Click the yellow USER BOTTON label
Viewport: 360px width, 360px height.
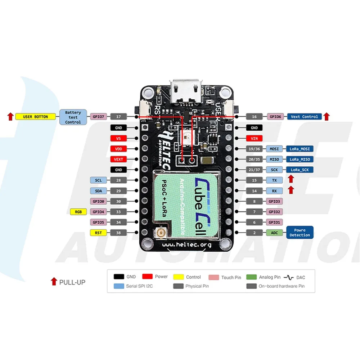[x=35, y=117]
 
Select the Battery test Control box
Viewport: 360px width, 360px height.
[x=73, y=117]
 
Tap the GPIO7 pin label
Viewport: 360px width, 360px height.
[x=98, y=117]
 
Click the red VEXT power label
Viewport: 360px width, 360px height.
[x=118, y=159]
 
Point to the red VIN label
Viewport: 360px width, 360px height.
[x=254, y=139]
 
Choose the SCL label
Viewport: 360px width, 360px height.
[x=98, y=180]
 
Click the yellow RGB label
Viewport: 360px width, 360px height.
[x=78, y=212]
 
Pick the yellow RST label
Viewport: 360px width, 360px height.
[x=98, y=233]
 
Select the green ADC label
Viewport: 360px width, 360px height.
[x=274, y=233]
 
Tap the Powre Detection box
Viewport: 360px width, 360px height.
[x=300, y=232]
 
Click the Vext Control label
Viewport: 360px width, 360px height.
[x=304, y=117]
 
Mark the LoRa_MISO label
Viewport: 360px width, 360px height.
[x=300, y=159]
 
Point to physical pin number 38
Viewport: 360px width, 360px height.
[x=118, y=233]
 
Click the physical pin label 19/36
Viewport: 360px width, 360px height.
[x=254, y=149]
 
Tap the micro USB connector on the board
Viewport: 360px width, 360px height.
[x=186, y=91]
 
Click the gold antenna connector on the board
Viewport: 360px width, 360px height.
[x=161, y=233]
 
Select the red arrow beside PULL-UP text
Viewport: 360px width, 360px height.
[x=54, y=282]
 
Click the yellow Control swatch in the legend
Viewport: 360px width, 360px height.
[x=179, y=277]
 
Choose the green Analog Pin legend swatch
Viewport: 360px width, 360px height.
[x=251, y=277]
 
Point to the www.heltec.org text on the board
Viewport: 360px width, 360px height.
[x=186, y=245]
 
